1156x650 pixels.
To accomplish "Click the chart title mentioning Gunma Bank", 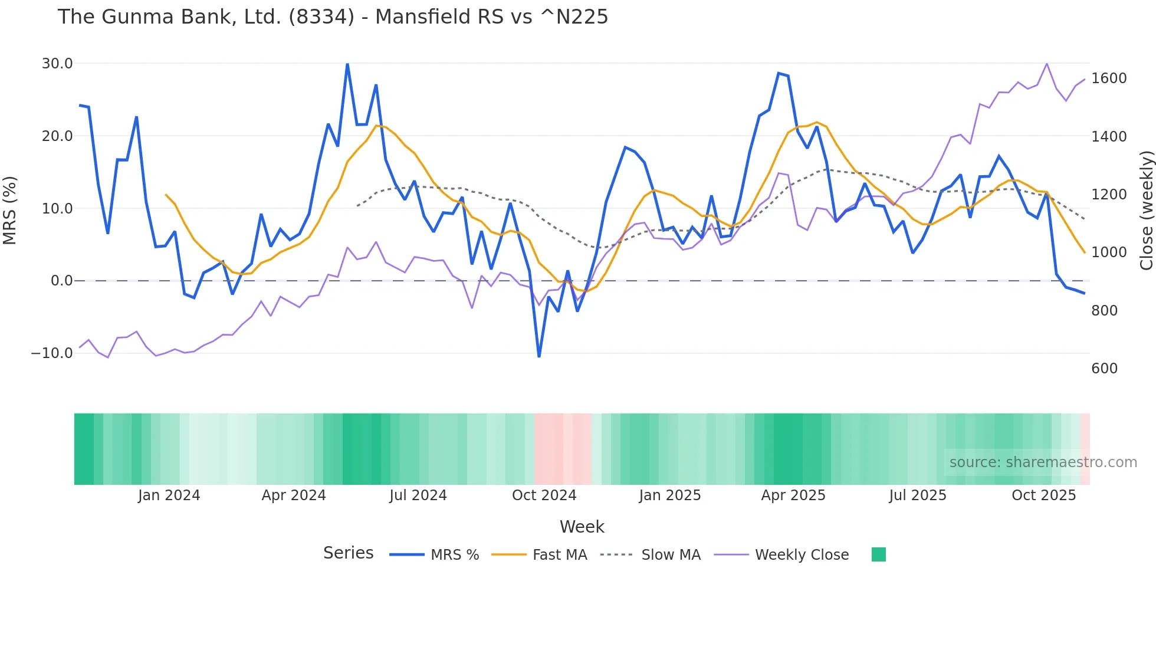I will (333, 17).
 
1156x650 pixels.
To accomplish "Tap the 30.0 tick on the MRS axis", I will (57, 64).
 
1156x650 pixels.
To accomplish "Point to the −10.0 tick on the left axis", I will (52, 353).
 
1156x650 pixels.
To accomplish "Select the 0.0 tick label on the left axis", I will (61, 281).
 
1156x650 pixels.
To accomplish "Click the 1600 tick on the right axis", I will (1109, 78).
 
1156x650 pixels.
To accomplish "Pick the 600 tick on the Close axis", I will (1104, 369).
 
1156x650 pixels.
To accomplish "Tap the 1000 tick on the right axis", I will (1109, 252).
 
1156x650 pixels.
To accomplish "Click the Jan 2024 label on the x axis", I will (169, 495).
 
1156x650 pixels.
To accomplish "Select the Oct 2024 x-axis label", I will (544, 495).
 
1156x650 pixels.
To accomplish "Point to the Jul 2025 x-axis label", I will (917, 495).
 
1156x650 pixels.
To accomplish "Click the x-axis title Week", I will (582, 527).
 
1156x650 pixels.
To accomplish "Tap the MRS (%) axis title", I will (10, 210).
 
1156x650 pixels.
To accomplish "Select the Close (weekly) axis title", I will (1146, 211).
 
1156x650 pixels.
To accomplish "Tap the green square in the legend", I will (878, 554).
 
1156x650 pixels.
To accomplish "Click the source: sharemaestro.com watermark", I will (1043, 462).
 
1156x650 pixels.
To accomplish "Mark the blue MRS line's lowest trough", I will (539, 356).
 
